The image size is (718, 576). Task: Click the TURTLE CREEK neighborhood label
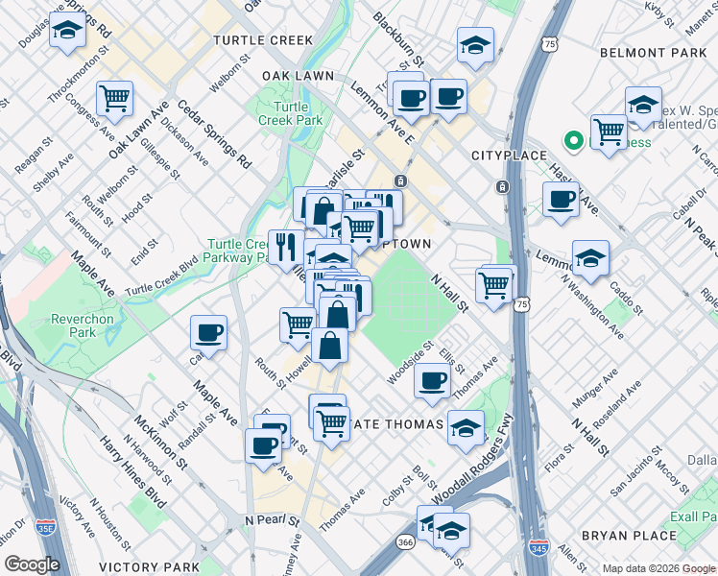pos(263,40)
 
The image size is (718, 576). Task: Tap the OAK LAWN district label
pos(298,75)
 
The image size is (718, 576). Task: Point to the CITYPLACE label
pos(508,156)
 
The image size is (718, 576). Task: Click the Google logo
pos(32,564)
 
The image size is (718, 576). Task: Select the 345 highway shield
pos(538,546)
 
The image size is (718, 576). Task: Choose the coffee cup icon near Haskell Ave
pos(561,200)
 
